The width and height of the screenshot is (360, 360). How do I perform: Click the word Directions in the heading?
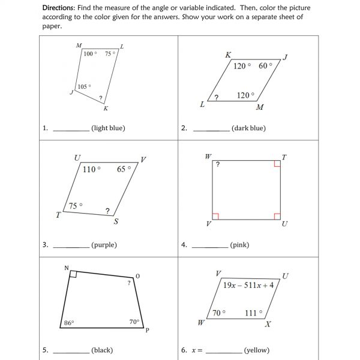pyautogui.click(x=59, y=8)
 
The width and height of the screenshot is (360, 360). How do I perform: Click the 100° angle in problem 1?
pyautogui.click(x=89, y=54)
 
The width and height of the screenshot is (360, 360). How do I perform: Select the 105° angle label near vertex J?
pyautogui.click(x=84, y=86)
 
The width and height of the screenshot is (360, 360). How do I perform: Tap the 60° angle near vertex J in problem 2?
pyautogui.click(x=265, y=66)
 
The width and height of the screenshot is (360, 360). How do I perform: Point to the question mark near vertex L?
pyautogui.click(x=216, y=97)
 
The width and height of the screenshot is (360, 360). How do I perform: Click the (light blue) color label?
pyautogui.click(x=108, y=128)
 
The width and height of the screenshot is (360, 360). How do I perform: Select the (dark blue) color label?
pyautogui.click(x=248, y=128)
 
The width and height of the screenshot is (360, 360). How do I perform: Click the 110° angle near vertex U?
pyautogui.click(x=92, y=169)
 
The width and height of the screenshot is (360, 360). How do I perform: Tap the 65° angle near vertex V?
pyautogui.click(x=124, y=169)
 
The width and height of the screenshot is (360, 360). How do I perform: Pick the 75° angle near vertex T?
pyautogui.click(x=76, y=206)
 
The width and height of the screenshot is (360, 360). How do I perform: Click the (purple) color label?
pyautogui.click(x=104, y=245)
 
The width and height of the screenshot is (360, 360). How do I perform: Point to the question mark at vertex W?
pyautogui.click(x=218, y=164)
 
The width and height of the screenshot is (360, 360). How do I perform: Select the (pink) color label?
pyautogui.click(x=239, y=245)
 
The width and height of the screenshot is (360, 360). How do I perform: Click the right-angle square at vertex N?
pyautogui.click(x=73, y=274)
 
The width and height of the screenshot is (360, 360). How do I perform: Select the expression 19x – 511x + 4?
pyautogui.click(x=248, y=286)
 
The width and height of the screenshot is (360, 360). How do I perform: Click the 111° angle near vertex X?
pyautogui.click(x=254, y=313)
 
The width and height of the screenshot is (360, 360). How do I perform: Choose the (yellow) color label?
pyautogui.click(x=257, y=350)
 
